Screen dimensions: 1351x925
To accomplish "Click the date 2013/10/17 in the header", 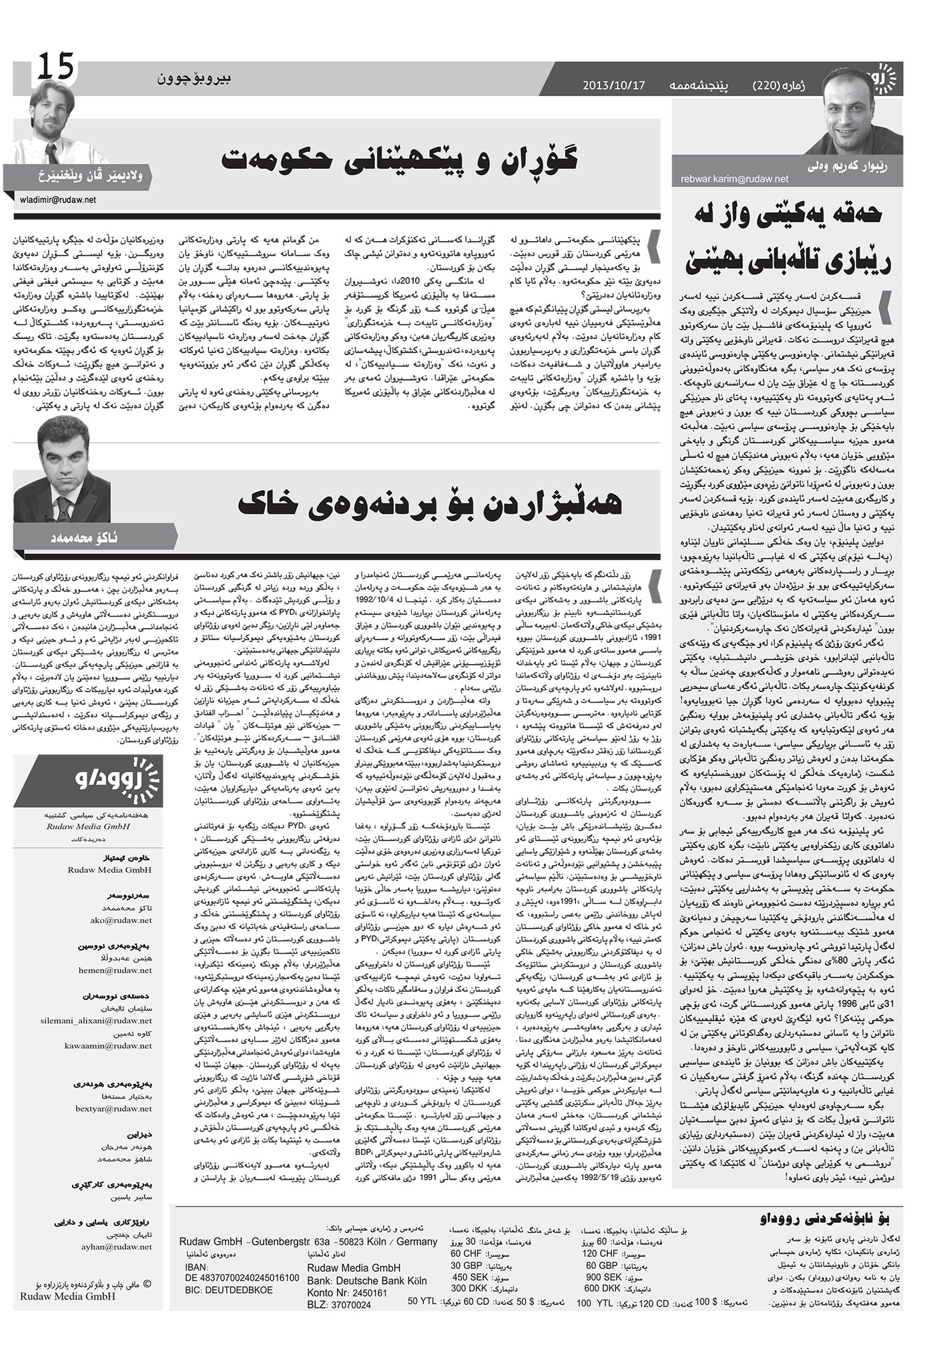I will pyautogui.click(x=613, y=85).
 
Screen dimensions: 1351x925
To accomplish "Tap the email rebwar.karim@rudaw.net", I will pyautogui.click(x=734, y=179).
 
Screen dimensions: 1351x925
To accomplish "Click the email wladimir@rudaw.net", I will pyautogui.click(x=58, y=200).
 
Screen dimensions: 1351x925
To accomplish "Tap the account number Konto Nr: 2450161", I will pyautogui.click(x=347, y=1293).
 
